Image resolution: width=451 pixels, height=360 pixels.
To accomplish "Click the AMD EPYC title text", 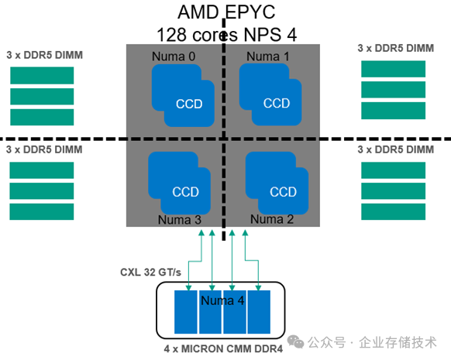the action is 226,12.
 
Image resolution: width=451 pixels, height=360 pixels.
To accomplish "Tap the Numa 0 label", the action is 174,57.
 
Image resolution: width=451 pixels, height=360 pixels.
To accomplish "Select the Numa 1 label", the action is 268,57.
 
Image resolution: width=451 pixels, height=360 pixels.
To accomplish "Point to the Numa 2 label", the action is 272,219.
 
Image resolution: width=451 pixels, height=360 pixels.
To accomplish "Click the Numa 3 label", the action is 180,220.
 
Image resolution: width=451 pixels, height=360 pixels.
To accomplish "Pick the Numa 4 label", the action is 222,300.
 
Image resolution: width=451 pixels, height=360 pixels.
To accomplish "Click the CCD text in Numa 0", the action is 189,104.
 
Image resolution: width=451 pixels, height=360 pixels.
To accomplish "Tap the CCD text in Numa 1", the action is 277,104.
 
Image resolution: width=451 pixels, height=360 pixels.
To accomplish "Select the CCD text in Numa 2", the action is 283,192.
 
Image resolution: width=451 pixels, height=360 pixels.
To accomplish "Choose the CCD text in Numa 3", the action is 185,192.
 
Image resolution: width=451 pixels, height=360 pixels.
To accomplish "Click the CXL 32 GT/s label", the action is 150,273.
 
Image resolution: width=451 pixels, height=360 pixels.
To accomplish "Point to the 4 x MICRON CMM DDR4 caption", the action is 223,349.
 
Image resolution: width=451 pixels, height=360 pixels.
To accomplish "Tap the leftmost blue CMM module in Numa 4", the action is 186,312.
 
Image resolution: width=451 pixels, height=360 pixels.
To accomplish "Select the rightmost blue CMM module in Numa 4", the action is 259,312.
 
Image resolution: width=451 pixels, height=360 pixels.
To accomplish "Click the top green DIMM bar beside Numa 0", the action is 42,75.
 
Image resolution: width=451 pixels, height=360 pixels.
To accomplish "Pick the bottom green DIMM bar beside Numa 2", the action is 393,212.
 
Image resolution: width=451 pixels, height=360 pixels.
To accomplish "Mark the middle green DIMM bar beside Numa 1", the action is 393,90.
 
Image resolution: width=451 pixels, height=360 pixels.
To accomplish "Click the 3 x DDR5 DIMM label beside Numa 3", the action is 44,149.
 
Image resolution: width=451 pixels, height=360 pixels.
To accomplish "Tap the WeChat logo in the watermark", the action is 295,342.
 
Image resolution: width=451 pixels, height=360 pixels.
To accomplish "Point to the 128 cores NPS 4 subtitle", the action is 226,35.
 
